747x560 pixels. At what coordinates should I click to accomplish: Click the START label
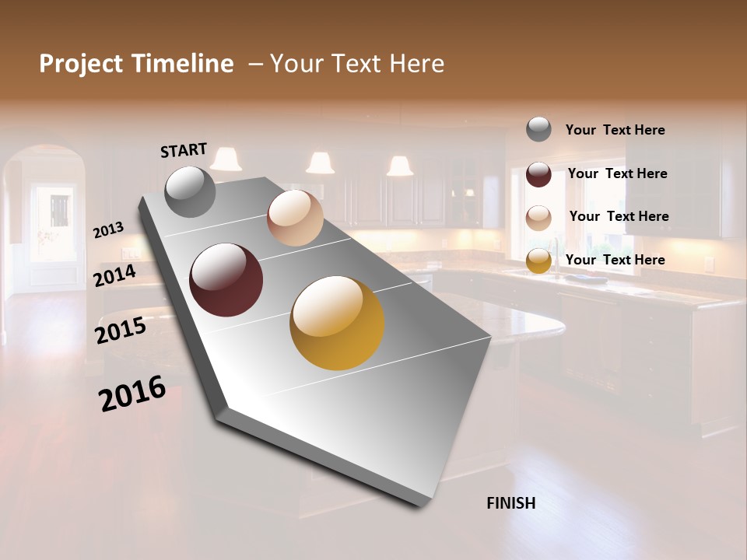tap(184, 150)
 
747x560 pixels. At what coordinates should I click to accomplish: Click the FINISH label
tap(510, 503)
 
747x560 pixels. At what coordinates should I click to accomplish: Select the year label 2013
tap(108, 229)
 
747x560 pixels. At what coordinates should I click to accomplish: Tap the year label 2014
tap(115, 275)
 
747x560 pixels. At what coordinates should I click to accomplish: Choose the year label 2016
tap(132, 394)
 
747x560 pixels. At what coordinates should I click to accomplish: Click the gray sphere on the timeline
tap(191, 191)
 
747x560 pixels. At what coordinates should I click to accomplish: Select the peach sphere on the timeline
tap(295, 218)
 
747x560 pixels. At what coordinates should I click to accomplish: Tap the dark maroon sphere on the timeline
tap(226, 280)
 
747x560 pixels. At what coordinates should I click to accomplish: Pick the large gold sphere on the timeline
tap(337, 323)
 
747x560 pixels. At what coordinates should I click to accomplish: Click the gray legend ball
tap(538, 129)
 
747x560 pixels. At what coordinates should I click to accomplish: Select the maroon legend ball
tap(538, 174)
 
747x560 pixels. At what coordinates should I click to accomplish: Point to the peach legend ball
tap(538, 218)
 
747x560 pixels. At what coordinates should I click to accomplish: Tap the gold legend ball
tap(538, 261)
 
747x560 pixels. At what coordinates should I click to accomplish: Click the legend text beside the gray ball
tap(615, 130)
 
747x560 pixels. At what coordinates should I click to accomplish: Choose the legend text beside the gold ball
tap(615, 260)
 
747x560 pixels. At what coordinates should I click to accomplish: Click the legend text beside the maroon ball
tap(617, 173)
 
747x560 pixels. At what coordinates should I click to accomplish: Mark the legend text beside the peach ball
tap(619, 216)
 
